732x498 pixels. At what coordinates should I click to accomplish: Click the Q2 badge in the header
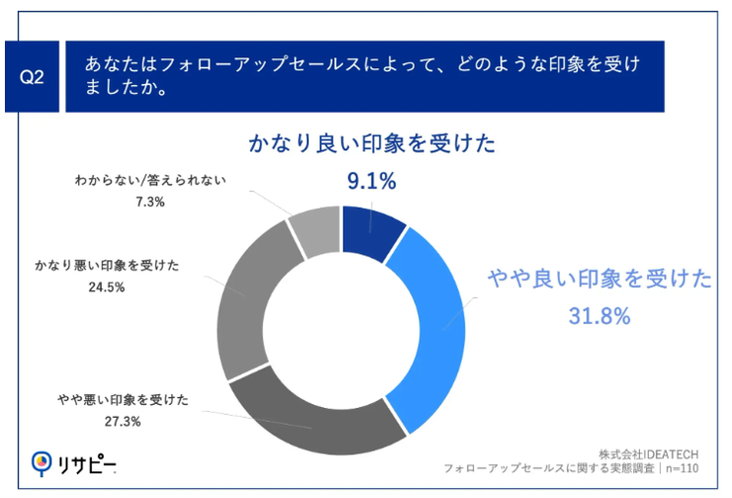click(x=34, y=76)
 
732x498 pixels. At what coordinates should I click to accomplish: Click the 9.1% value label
click(x=371, y=180)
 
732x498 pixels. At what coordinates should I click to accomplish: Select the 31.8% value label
click(x=598, y=316)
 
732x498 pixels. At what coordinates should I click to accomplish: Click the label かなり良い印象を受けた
click(x=371, y=146)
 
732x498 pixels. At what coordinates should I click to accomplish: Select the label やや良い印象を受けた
click(x=599, y=280)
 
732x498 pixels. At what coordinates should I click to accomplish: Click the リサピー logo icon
click(x=41, y=462)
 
